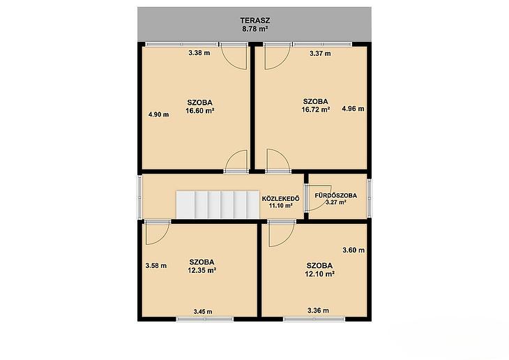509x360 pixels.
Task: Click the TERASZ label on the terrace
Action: click(254, 20)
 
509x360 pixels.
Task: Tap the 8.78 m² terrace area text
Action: click(254, 29)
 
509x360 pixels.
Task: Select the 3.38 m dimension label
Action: click(199, 52)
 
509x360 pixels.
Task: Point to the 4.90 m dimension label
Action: click(158, 114)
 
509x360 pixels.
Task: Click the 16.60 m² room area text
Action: click(199, 110)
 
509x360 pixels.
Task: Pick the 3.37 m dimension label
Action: click(320, 54)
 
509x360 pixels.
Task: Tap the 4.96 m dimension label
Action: click(353, 109)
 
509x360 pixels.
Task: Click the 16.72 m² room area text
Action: click(316, 110)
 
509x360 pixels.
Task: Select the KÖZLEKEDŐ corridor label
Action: click(280, 199)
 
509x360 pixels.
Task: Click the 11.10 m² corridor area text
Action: click(281, 205)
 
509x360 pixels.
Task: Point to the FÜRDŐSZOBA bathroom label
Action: click(335, 195)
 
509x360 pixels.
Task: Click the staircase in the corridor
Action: click(218, 204)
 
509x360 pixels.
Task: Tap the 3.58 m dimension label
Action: click(156, 266)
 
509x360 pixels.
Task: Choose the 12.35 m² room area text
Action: click(202, 270)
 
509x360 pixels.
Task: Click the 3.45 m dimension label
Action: click(203, 312)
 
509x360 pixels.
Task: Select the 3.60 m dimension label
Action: click(354, 250)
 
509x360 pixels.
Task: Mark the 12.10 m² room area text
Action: click(320, 274)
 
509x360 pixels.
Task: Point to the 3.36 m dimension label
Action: click(318, 310)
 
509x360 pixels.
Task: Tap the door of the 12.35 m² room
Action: click(157, 232)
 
